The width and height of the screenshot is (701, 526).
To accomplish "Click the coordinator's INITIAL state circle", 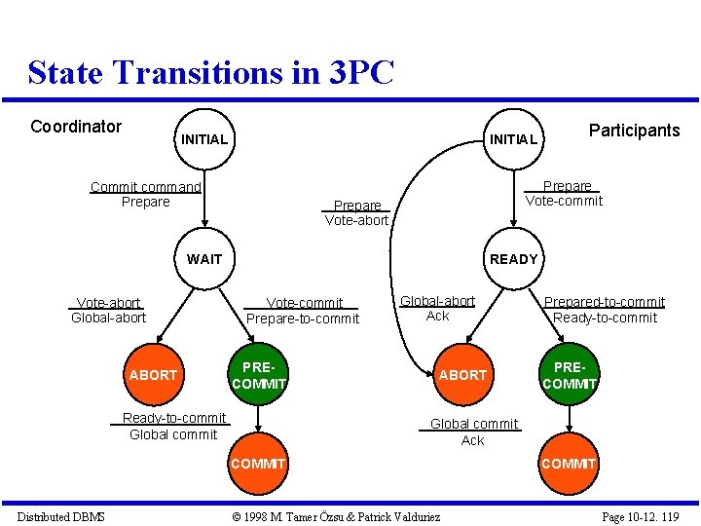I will [204, 139].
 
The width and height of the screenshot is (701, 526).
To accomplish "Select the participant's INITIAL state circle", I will [513, 139].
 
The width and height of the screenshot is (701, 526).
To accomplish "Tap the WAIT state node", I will [204, 259].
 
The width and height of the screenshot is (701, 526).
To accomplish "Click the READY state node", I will [513, 259].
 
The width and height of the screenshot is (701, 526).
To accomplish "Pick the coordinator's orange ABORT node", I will [153, 375].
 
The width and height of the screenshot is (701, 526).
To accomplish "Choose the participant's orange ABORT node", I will [462, 375].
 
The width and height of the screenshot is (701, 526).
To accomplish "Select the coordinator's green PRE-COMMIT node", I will [258, 376].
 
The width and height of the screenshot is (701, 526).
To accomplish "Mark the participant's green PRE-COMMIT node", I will [569, 376].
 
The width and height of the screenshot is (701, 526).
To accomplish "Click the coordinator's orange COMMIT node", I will [258, 464].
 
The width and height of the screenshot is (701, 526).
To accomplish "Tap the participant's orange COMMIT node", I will [569, 464].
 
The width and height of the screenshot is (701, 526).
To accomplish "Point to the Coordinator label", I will [76, 127].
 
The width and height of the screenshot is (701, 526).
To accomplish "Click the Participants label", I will [634, 131].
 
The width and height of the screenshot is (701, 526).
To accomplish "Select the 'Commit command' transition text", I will [145, 187].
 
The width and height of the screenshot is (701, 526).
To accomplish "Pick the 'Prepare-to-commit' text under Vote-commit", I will [303, 319].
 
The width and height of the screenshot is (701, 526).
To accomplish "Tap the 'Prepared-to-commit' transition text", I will [604, 302].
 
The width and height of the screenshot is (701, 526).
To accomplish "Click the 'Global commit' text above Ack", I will [474, 424].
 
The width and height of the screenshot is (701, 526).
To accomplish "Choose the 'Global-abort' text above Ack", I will [438, 301].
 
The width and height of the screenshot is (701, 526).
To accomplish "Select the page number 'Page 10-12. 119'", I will [640, 516].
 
